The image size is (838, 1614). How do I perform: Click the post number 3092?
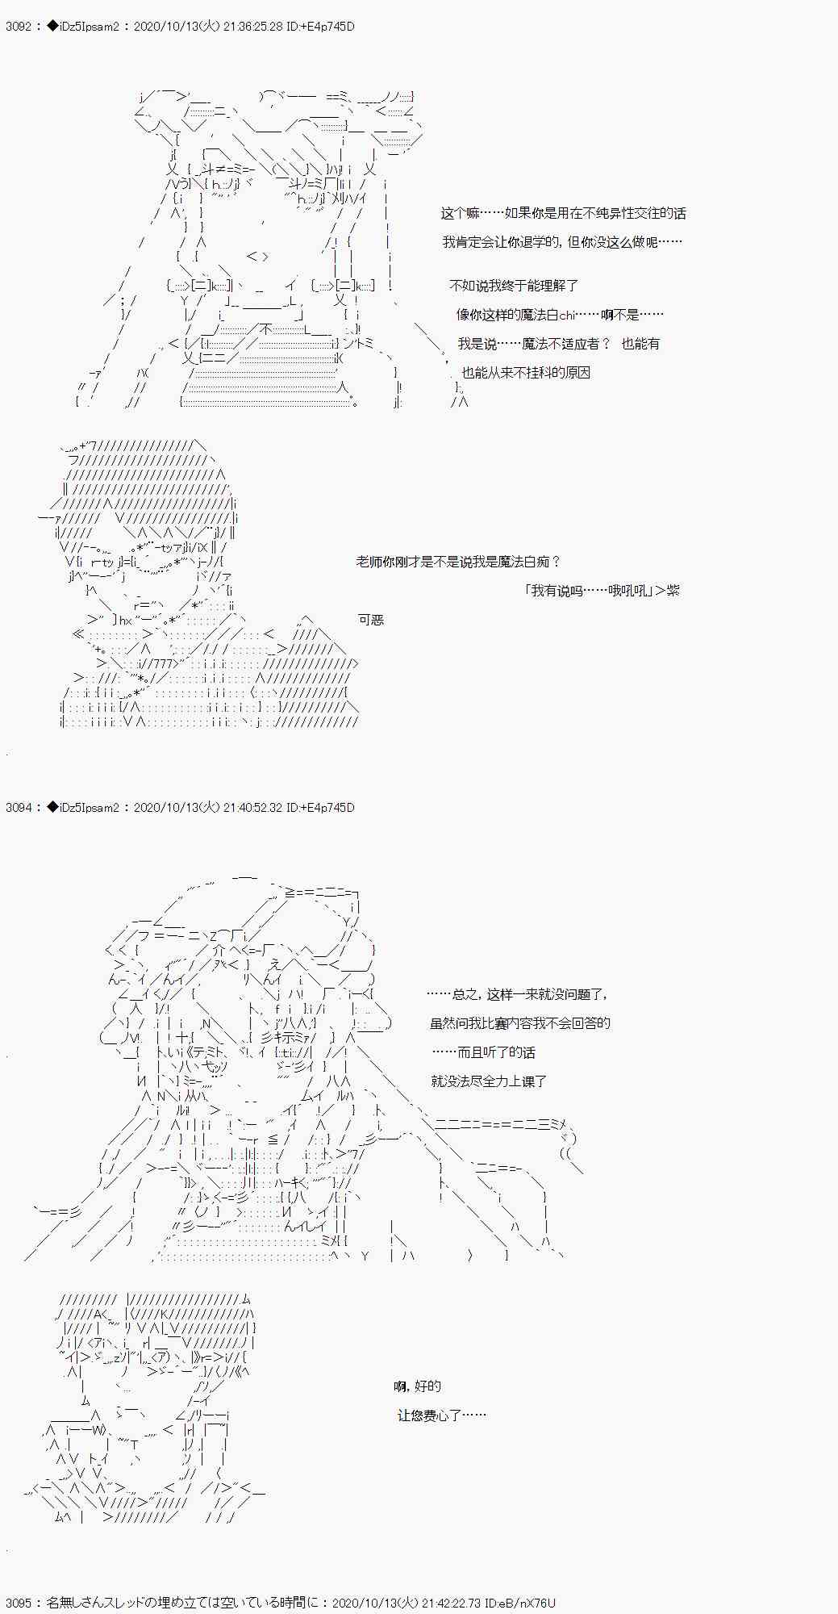tap(18, 27)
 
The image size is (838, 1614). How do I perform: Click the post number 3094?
tap(18, 808)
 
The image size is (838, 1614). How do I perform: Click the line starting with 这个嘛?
tap(563, 213)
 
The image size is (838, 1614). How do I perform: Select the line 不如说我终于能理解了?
tap(514, 286)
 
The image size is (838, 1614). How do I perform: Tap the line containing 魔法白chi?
tap(560, 315)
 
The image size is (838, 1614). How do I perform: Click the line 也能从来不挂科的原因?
tap(526, 373)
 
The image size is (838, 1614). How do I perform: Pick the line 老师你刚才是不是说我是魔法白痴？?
tap(458, 562)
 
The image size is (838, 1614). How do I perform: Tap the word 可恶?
tap(371, 620)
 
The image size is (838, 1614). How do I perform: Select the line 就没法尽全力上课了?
tap(489, 1081)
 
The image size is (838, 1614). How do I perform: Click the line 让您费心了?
tap(441, 1415)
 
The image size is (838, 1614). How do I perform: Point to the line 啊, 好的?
tap(418, 1386)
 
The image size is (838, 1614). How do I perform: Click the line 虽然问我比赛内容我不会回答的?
tap(520, 1023)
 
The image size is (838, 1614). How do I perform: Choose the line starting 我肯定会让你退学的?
tap(562, 242)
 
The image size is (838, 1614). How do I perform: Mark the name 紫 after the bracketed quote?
tap(673, 591)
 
